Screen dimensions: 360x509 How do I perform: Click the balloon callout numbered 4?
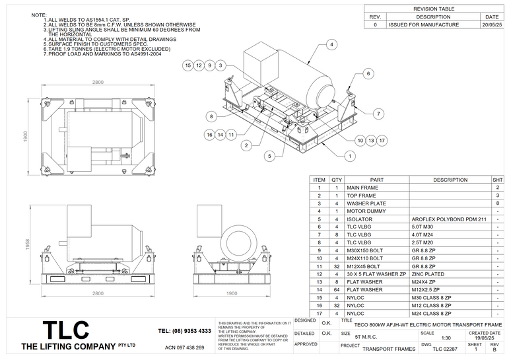click(331, 44)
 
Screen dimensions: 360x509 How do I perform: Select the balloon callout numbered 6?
click(368, 73)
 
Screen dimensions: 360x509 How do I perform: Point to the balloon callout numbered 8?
click(211, 116)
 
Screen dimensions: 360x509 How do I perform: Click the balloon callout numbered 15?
click(188, 65)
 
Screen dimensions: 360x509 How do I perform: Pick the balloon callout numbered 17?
click(382, 141)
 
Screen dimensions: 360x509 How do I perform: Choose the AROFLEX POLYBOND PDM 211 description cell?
click(450, 219)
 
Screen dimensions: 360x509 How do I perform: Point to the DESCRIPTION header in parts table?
click(450, 180)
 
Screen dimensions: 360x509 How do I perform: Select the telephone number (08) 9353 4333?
click(185, 331)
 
